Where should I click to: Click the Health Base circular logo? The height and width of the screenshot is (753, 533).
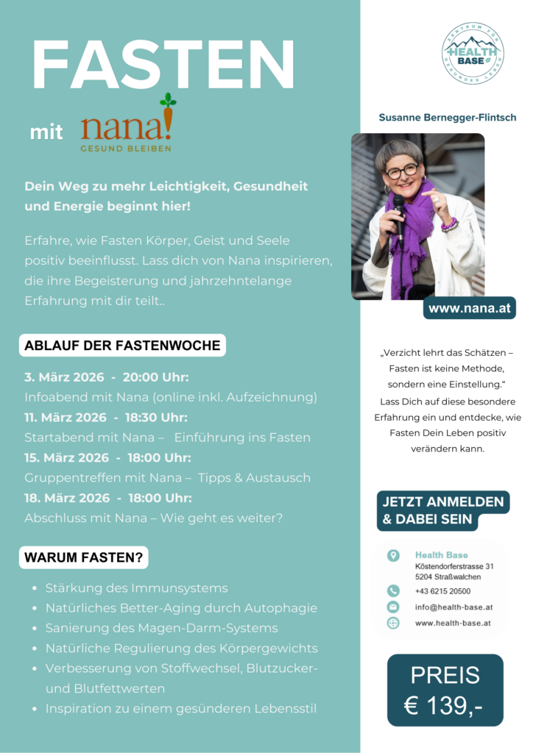[x=473, y=53]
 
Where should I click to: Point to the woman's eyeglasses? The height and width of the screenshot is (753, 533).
[x=402, y=171]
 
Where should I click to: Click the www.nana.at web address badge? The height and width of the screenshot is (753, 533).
[x=469, y=309]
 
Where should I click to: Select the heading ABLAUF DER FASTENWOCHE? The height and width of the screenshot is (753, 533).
[x=122, y=345]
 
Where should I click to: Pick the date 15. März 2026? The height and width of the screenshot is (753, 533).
[x=66, y=457]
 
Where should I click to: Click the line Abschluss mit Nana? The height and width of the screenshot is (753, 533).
[x=153, y=518]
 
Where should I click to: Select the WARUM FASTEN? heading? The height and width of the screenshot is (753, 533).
[x=84, y=557]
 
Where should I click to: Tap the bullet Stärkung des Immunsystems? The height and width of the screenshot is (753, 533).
[x=136, y=588]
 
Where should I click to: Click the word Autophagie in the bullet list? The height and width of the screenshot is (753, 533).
[x=281, y=608]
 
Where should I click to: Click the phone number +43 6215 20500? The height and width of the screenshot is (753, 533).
[x=442, y=591]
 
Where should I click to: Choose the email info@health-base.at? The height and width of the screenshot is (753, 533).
[x=453, y=607]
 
